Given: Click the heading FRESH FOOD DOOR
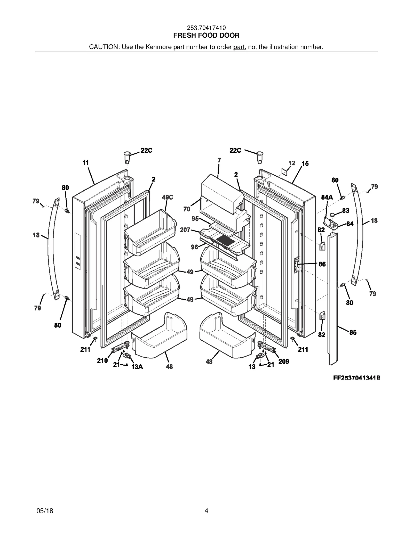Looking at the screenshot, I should (x=206, y=35).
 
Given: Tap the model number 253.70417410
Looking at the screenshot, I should (x=206, y=28).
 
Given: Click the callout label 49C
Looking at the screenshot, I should (x=168, y=197).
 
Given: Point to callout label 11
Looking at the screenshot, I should (x=86, y=162).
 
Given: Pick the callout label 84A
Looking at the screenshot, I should (x=327, y=197).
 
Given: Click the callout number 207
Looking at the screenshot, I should (x=185, y=230).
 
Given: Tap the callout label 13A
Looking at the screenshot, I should (x=137, y=367).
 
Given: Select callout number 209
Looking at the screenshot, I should (x=284, y=362).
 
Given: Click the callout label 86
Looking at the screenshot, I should (x=322, y=264).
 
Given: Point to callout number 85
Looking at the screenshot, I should (x=353, y=332).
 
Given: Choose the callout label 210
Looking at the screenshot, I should (x=102, y=360).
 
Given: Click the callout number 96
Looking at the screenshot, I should (x=194, y=247).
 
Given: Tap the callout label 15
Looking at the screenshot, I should (x=305, y=163).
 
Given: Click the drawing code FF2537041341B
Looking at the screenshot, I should (x=356, y=378).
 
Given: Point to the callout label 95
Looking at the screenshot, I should (x=195, y=219).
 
